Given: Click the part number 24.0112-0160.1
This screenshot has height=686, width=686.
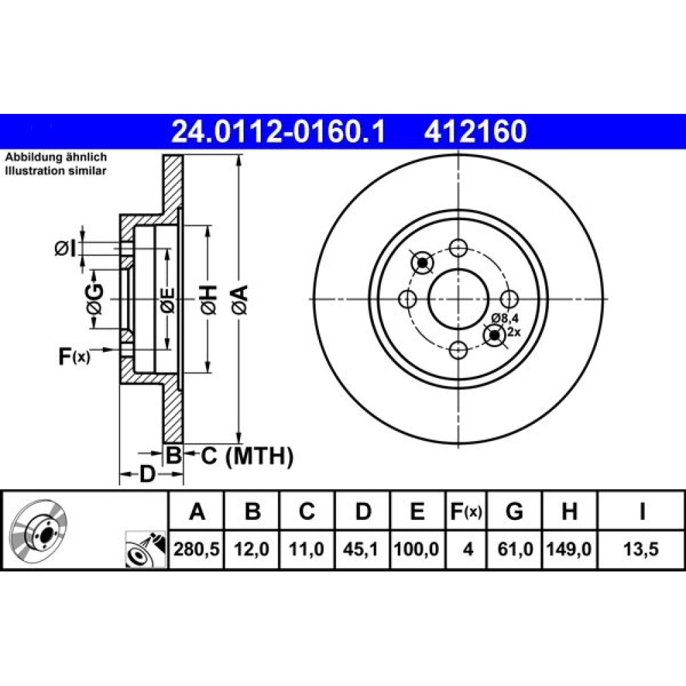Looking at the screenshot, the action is pyautogui.click(x=279, y=132).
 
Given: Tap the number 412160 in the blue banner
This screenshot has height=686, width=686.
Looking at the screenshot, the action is pyautogui.click(x=475, y=132).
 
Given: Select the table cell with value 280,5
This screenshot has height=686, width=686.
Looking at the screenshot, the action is pyautogui.click(x=196, y=549).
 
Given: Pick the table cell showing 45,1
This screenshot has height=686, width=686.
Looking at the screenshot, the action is pyautogui.click(x=362, y=549).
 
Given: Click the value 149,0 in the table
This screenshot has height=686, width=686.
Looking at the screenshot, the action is pyautogui.click(x=569, y=549).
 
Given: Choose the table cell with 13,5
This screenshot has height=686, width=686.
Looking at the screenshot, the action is pyautogui.click(x=641, y=549).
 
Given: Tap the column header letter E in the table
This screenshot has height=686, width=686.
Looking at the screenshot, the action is pyautogui.click(x=418, y=511).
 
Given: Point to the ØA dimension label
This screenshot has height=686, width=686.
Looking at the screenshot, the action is pyautogui.click(x=240, y=300).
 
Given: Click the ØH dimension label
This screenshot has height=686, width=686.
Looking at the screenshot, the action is pyautogui.click(x=209, y=300).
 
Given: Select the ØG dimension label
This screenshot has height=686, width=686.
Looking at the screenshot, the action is pyautogui.click(x=95, y=300).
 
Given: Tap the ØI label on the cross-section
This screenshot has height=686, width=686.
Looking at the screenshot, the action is pyautogui.click(x=64, y=249).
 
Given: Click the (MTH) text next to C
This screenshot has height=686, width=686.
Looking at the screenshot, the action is pyautogui.click(x=259, y=457).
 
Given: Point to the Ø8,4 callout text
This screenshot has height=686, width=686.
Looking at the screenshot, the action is pyautogui.click(x=503, y=318).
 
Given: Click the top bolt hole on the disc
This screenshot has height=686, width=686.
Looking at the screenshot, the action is pyautogui.click(x=458, y=248).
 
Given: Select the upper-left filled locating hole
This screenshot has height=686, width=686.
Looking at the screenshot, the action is pyautogui.click(x=422, y=263).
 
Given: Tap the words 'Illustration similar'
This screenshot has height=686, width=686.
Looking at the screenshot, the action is pyautogui.click(x=56, y=171).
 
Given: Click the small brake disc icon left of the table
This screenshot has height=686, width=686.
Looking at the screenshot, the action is pyautogui.click(x=38, y=530).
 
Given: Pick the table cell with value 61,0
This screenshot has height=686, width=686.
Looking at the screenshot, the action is pyautogui.click(x=514, y=549).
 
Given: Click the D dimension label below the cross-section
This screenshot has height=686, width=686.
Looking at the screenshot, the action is pyautogui.click(x=147, y=474).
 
